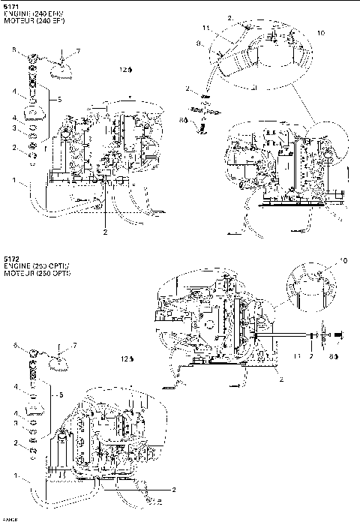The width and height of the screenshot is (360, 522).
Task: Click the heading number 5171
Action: coord(10,6)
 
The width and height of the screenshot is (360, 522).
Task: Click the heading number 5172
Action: coord(10,256)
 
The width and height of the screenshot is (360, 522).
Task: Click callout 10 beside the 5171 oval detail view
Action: coord(321,33)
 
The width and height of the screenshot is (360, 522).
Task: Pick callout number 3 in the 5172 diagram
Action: coord(13,423)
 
